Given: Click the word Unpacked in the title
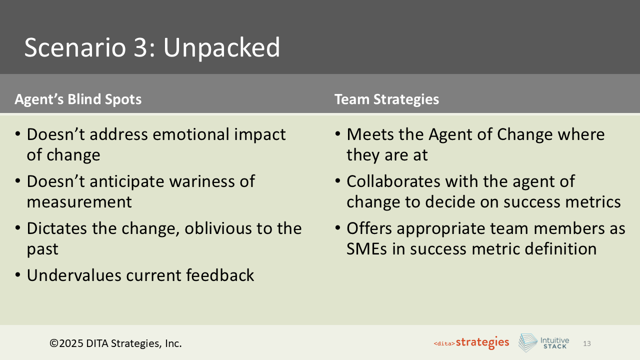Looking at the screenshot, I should click(x=221, y=48).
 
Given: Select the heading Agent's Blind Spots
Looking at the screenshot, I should click(x=78, y=99).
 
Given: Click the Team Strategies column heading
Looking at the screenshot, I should click(x=386, y=99).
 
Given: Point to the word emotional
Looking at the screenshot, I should click(x=193, y=134).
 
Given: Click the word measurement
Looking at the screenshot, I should click(x=79, y=202).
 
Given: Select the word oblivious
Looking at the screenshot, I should click(x=228, y=228).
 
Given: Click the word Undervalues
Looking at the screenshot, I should click(x=72, y=275).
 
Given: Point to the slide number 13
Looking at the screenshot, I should click(x=587, y=343).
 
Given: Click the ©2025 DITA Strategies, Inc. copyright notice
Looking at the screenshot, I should click(x=115, y=343).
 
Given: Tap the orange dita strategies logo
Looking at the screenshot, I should click(x=471, y=343).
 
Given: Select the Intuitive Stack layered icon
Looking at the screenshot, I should click(x=527, y=343).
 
